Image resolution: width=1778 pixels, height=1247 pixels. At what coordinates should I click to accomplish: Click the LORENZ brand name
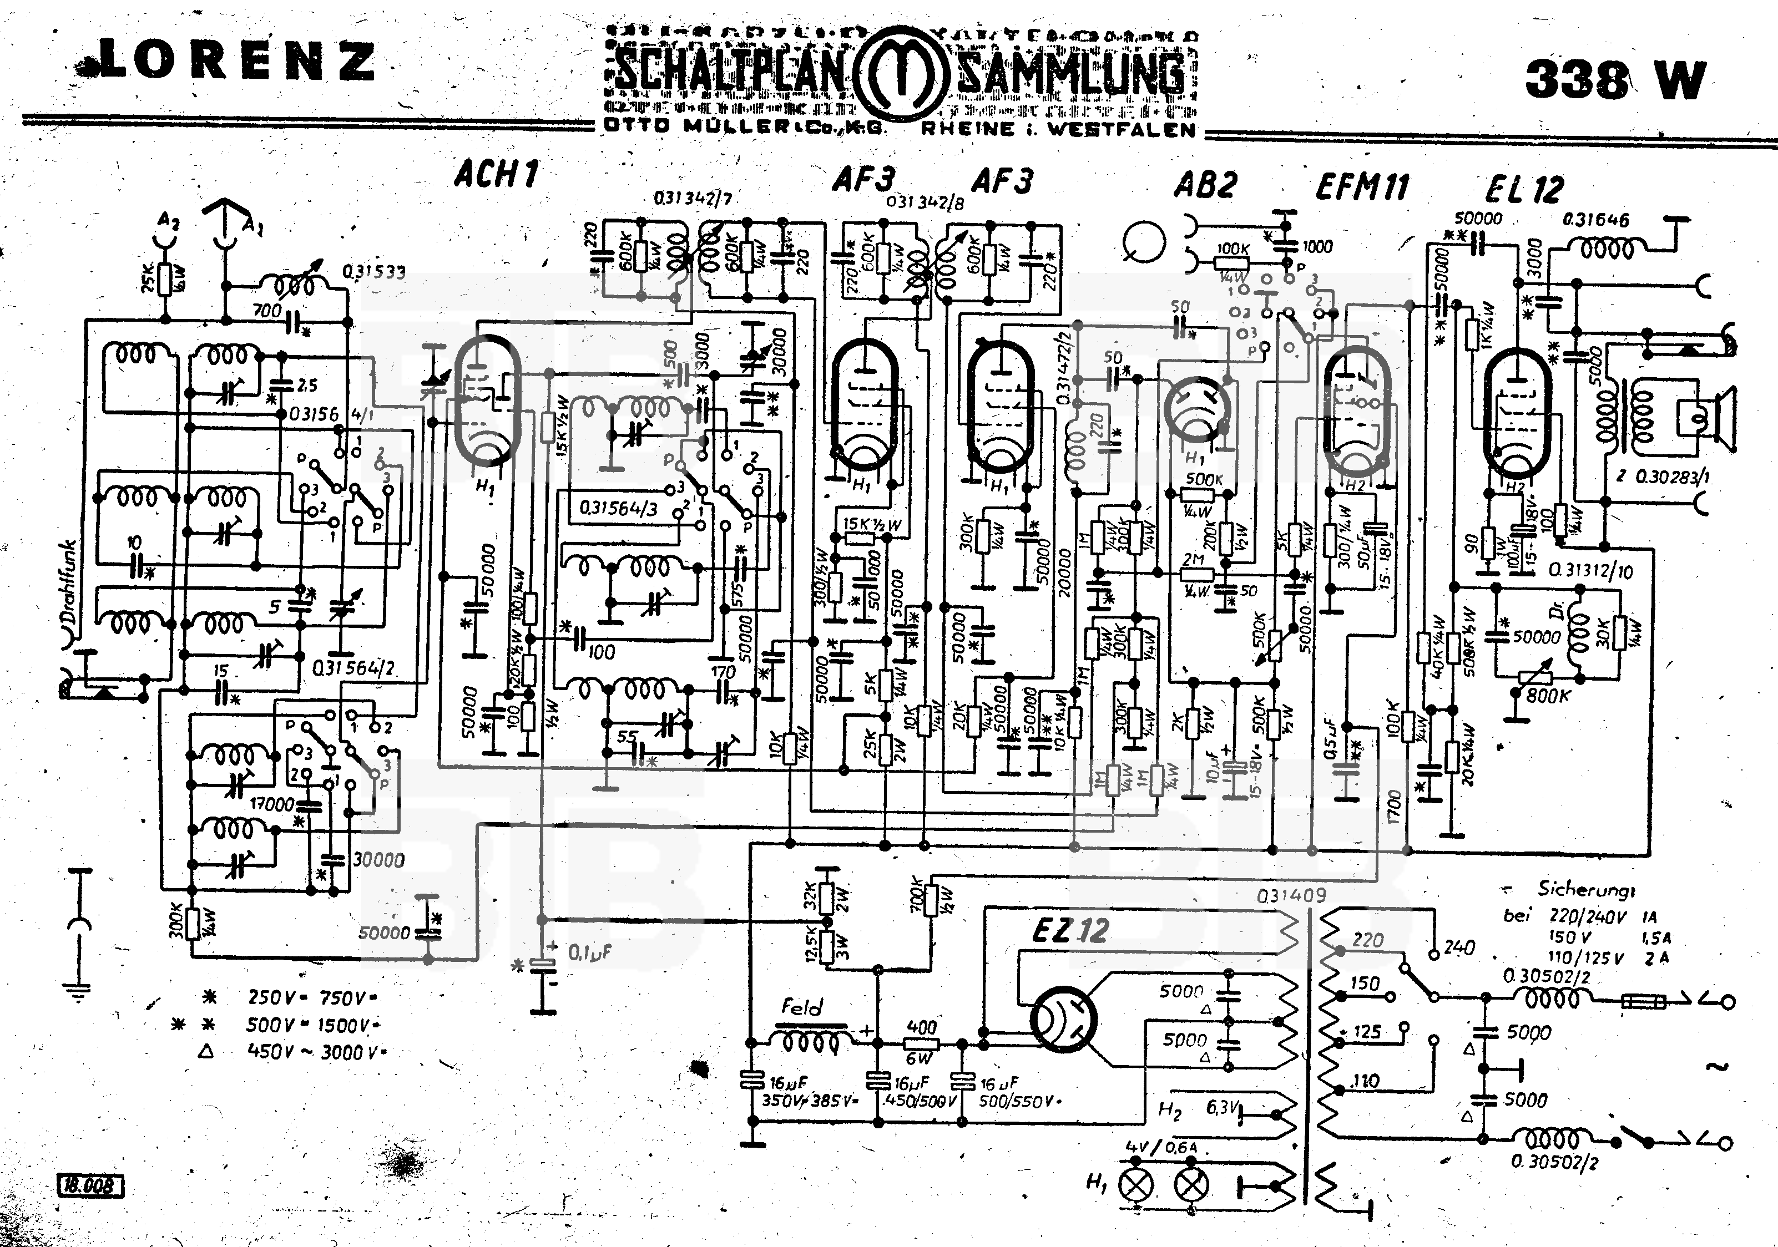(233, 60)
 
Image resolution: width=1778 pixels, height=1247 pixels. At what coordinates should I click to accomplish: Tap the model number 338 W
(1615, 79)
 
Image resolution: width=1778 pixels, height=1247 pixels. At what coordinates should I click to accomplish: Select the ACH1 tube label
(496, 174)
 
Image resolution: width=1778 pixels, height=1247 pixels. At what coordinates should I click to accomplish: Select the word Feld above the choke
(801, 1007)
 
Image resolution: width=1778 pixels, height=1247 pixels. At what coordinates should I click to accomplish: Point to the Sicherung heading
(1586, 889)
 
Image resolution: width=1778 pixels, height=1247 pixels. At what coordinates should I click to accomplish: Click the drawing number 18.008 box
(90, 1185)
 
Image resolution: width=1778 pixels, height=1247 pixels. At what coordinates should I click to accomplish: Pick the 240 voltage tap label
(1459, 947)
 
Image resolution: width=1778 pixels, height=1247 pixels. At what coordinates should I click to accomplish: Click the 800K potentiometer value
(1547, 695)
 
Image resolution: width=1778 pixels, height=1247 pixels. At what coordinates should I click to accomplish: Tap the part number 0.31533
(373, 272)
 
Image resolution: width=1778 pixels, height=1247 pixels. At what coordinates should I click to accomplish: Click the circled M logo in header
(900, 74)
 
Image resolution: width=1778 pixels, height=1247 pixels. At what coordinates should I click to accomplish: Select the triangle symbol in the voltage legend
(207, 1051)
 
